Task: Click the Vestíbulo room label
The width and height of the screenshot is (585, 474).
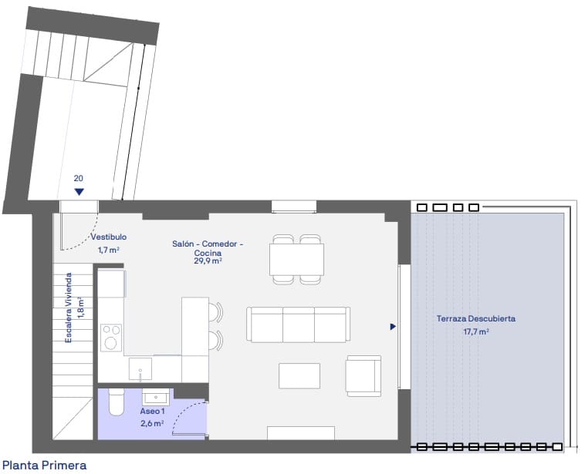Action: [x=108, y=237]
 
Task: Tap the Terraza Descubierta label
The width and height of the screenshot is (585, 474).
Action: [x=476, y=318]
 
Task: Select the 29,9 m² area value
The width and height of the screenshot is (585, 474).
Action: [x=208, y=261]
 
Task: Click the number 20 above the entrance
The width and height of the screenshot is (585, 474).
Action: [x=79, y=178]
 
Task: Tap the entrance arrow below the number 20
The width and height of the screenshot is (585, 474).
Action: [x=79, y=192]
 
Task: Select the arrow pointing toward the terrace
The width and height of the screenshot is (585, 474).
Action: [x=393, y=327]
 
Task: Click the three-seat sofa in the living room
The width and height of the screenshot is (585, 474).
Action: [x=298, y=324]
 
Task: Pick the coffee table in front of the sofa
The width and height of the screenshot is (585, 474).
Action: [x=299, y=376]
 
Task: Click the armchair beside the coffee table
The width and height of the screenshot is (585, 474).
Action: [x=364, y=374]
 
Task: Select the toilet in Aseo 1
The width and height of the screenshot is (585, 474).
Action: [x=117, y=402]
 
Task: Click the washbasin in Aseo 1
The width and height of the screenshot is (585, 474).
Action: [x=157, y=398]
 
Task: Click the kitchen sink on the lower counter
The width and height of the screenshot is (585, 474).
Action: [x=140, y=368]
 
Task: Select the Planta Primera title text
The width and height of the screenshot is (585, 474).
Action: [x=45, y=465]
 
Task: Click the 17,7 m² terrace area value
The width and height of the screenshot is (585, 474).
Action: [x=476, y=331]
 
